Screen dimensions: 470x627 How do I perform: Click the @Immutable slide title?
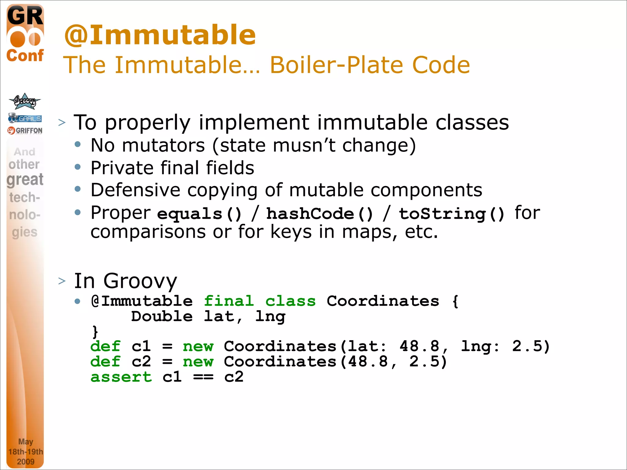pos(160,35)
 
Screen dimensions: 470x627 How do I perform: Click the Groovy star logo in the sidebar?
pos(24,101)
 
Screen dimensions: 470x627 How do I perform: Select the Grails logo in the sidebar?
pos(25,118)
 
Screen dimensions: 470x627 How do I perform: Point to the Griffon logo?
pos(25,131)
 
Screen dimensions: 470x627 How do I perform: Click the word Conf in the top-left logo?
pos(25,56)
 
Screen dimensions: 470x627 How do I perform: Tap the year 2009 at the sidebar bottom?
pos(26,461)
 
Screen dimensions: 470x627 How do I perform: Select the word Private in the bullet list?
pos(122,168)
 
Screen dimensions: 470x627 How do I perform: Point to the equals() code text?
pos(199,214)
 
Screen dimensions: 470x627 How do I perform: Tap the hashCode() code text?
pos(319,214)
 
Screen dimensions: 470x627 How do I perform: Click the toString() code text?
pos(451,214)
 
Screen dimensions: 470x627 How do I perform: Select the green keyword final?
pos(229,301)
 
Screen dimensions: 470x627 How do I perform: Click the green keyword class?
pos(290,301)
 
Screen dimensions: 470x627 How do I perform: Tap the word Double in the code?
pos(162,316)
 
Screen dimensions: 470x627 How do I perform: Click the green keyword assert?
pos(121,377)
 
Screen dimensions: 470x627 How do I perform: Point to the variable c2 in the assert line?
pos(234,377)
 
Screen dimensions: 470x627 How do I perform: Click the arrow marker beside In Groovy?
pos(62,281)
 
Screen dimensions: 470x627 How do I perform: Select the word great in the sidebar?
pos(25,179)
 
